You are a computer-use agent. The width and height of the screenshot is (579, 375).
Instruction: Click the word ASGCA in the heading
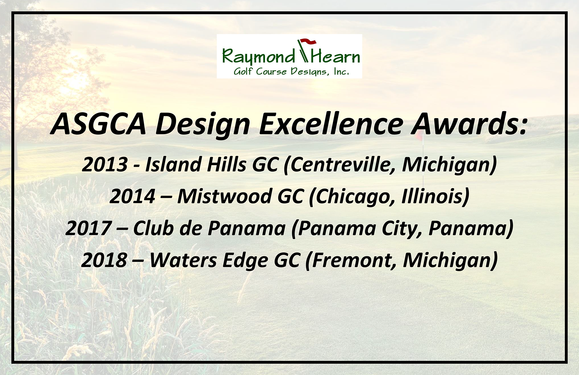click(x=98, y=123)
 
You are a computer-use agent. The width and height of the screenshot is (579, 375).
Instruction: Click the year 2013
click(x=105, y=165)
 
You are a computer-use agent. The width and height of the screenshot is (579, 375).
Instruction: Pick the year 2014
click(x=132, y=196)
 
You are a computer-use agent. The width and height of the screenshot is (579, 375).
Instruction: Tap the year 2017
click(x=88, y=228)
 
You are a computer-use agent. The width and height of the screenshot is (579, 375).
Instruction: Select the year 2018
click(x=104, y=260)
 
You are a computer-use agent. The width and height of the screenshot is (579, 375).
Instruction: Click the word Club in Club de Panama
click(x=153, y=228)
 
